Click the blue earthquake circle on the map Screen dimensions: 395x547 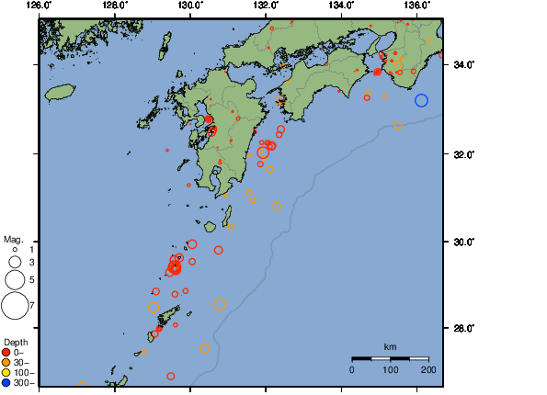421,100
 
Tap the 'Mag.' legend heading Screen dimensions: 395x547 12,238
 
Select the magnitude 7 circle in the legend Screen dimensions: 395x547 15,304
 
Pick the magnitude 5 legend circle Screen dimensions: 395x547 15,278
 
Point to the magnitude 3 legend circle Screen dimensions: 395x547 15,263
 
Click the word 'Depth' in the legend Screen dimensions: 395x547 16,342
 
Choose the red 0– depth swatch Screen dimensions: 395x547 7,352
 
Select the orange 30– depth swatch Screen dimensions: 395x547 7,362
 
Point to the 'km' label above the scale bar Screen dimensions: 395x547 391,346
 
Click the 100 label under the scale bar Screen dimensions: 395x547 391,369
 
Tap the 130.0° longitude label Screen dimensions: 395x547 190,6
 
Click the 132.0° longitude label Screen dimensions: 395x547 266,6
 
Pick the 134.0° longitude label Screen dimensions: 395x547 342,6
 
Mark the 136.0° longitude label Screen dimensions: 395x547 417,6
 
